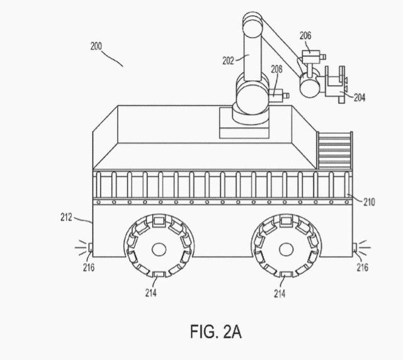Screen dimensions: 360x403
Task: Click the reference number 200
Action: (96, 46)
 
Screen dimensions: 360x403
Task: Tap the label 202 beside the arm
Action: (228, 60)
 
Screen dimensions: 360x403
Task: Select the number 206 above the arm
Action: (305, 36)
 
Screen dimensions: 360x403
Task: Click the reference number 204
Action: (359, 98)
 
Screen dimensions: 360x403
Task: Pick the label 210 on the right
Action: (369, 201)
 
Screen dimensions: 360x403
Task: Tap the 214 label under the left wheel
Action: (150, 293)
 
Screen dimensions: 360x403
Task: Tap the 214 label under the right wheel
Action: (280, 293)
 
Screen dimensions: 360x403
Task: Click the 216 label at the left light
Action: (88, 267)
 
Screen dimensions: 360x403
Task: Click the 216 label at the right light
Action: (362, 267)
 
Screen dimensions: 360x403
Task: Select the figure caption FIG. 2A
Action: (216, 330)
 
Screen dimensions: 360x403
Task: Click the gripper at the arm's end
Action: (334, 84)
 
